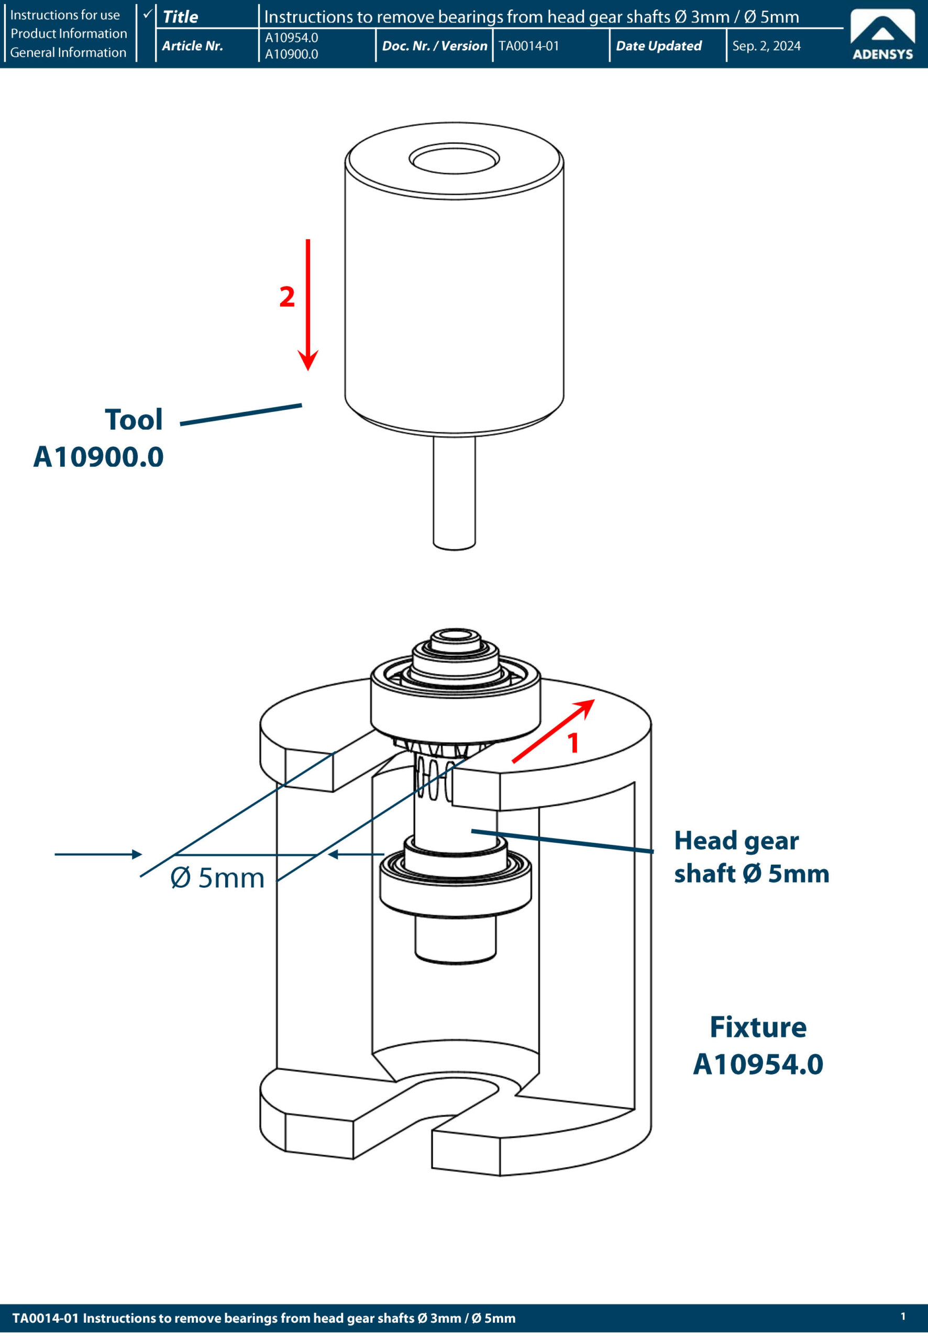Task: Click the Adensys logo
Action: pyautogui.click(x=882, y=35)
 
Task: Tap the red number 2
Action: pyautogui.click(x=286, y=297)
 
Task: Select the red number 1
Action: pyautogui.click(x=573, y=743)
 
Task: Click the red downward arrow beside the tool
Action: pyautogui.click(x=308, y=302)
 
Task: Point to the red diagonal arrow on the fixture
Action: pyautogui.click(x=553, y=731)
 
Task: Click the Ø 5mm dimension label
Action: pyautogui.click(x=217, y=877)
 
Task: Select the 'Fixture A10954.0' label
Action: pyautogui.click(x=758, y=1045)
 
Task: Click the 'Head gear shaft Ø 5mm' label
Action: pyautogui.click(x=751, y=856)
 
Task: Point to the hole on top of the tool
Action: pyautogui.click(x=454, y=159)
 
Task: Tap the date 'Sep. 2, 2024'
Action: pyautogui.click(x=766, y=46)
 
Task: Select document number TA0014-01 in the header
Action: pyautogui.click(x=528, y=46)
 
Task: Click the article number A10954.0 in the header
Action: pyautogui.click(x=291, y=38)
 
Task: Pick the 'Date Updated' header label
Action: pyautogui.click(x=659, y=46)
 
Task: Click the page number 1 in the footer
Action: pyautogui.click(x=903, y=1316)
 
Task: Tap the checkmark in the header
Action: pyautogui.click(x=148, y=13)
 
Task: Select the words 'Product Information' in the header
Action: pyautogui.click(x=69, y=33)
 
